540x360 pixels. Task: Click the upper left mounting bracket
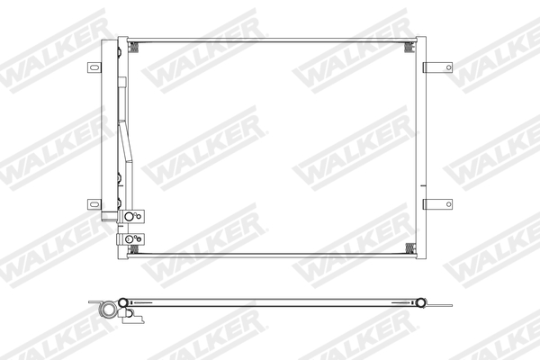pyautogui.click(x=95, y=67)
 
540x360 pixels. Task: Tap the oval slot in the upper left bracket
pyautogui.click(x=92, y=67)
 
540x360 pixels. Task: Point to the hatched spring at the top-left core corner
pyautogui.click(x=135, y=47)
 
